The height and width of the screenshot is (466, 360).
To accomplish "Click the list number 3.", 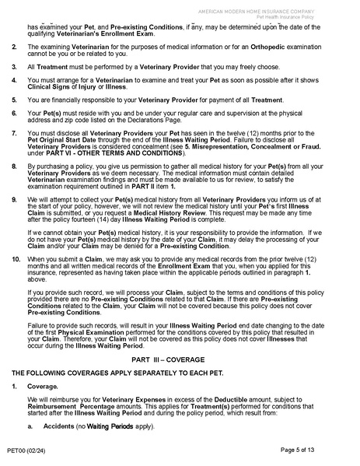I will pyautogui.click(x=15, y=67).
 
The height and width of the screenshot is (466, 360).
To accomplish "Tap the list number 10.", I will pyautogui.click(x=16, y=258).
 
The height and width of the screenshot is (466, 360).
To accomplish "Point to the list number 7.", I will pyautogui.click(x=15, y=135).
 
